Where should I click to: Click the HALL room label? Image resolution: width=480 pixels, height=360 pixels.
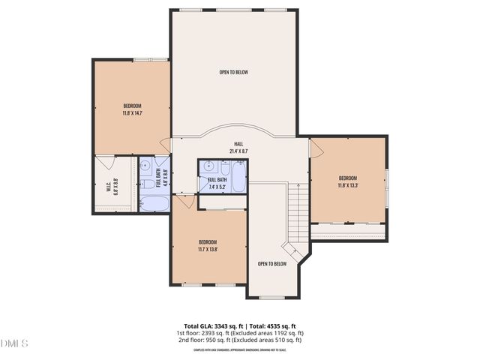[x=238, y=143]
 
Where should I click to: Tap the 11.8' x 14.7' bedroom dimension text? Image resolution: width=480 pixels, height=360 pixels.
[x=132, y=114]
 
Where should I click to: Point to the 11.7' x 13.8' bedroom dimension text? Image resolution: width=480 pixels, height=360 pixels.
[x=208, y=249]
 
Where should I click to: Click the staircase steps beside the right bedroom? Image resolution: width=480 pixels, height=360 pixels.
[x=298, y=214]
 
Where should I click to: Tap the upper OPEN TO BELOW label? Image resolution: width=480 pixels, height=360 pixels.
[x=233, y=73]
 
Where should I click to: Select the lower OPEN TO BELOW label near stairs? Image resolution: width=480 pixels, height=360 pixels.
[x=272, y=264]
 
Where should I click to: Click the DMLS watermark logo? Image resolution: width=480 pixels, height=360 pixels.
[x=14, y=343]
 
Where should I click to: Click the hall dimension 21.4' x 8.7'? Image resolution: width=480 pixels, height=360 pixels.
[x=238, y=151]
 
